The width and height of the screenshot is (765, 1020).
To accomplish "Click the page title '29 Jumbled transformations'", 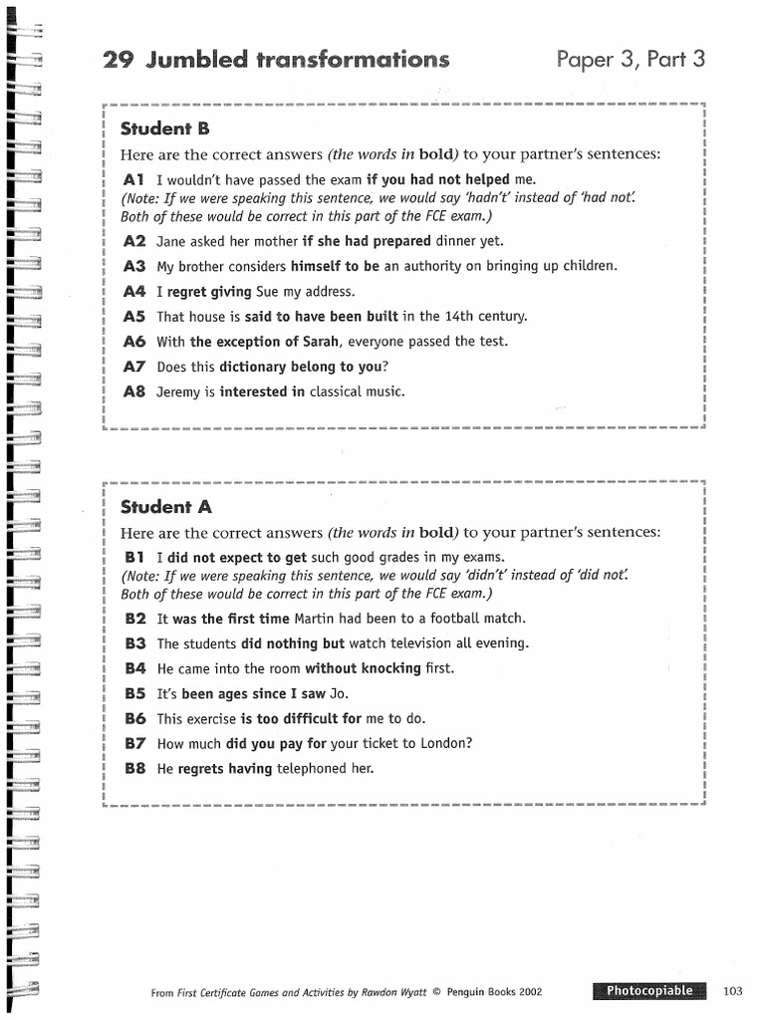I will (x=276, y=60).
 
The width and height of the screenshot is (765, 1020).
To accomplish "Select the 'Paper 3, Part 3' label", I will (x=631, y=60).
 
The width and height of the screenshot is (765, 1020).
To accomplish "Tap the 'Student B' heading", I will (x=165, y=128).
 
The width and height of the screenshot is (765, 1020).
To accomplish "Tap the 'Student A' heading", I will (x=165, y=507).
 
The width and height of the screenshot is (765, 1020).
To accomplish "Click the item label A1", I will (x=134, y=180).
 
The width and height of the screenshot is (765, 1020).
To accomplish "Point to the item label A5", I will (x=134, y=317).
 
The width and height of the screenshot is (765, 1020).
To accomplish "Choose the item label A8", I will (x=134, y=391).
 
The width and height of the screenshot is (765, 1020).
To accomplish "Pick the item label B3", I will (x=135, y=643).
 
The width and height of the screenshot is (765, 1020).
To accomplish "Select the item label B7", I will (x=135, y=743).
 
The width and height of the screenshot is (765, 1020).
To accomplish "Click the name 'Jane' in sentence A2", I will (x=172, y=241).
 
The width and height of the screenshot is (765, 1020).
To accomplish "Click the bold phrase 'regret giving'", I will (x=209, y=292).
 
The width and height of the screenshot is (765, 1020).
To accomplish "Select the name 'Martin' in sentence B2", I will (x=314, y=619).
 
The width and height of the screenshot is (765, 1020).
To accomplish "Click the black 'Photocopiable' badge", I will (x=648, y=991).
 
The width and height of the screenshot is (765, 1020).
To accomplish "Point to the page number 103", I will (x=733, y=991).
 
